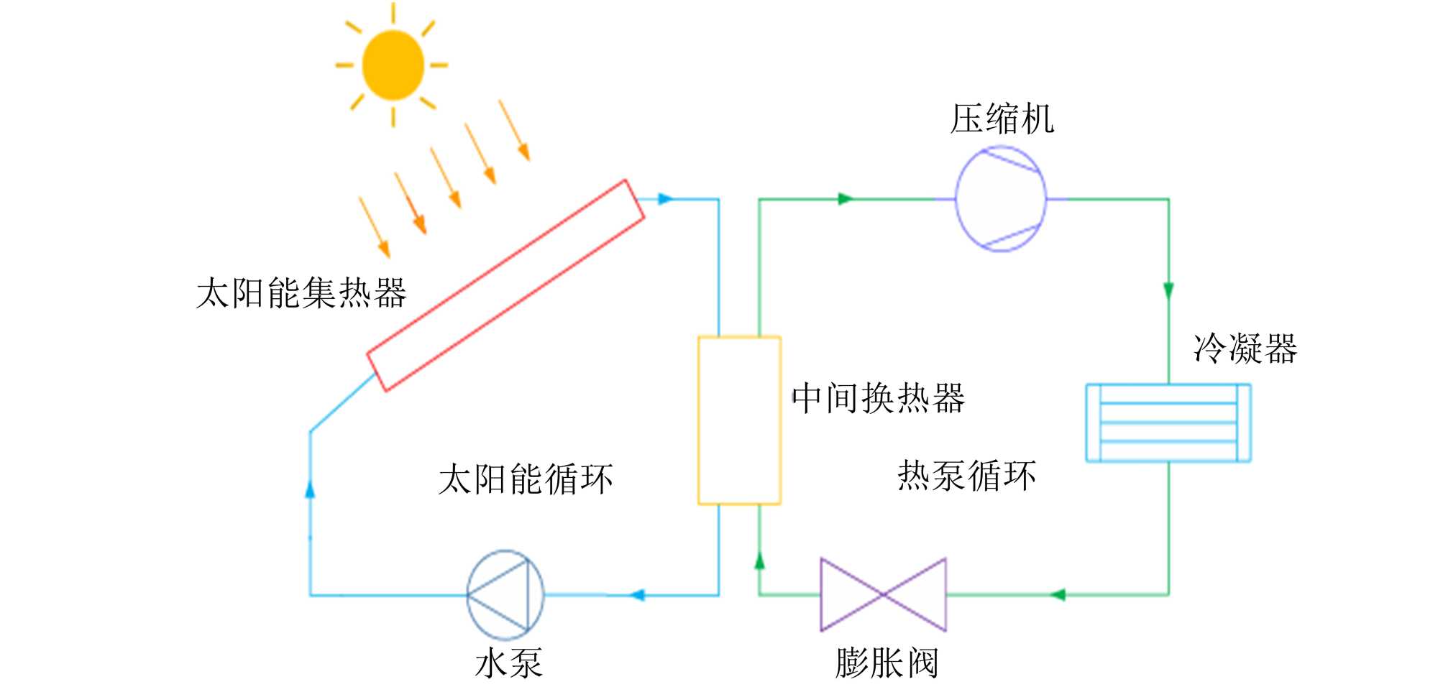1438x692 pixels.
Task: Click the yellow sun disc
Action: tap(393, 65)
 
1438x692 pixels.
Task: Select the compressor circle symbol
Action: tap(1000, 199)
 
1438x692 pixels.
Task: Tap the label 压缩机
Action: tap(1002, 119)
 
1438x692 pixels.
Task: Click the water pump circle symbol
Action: tap(505, 595)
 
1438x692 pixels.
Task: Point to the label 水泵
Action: tap(508, 663)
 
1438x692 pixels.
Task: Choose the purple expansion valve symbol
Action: tap(883, 595)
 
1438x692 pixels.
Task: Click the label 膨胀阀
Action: tap(887, 663)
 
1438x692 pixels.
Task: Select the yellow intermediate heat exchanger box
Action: tap(739, 420)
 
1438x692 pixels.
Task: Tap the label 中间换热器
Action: tap(878, 398)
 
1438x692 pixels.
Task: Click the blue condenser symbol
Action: tap(1168, 423)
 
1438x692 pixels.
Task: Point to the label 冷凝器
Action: tap(1245, 349)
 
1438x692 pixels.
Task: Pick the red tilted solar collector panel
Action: tap(505, 285)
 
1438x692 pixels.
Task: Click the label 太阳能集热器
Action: tap(301, 293)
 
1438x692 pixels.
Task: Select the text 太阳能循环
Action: tap(526, 479)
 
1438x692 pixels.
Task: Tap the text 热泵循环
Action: tap(966, 476)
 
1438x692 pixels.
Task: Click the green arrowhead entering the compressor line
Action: tap(846, 199)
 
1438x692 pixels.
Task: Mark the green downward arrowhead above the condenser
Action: tap(1168, 291)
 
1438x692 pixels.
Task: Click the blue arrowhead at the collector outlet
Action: tap(665, 199)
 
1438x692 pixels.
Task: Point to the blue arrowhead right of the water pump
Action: tap(637, 595)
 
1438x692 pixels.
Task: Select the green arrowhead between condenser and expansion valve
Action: tap(1057, 595)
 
